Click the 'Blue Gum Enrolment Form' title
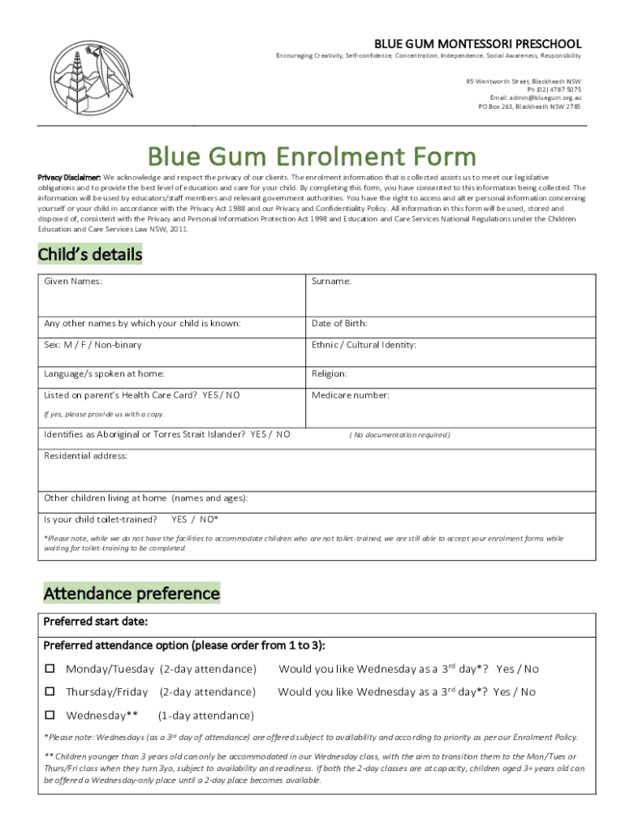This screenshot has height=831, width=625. click(311, 156)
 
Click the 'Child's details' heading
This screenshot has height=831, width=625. click(90, 255)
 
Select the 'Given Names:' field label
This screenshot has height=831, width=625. click(73, 282)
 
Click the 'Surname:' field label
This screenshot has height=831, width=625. click(331, 282)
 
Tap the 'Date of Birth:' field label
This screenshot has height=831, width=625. click(339, 324)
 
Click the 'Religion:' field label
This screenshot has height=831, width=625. click(330, 374)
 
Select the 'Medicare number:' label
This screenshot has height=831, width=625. click(351, 395)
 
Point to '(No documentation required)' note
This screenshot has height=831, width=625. click(399, 435)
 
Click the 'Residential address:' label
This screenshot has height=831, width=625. click(85, 456)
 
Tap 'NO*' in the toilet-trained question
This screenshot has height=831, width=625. click(209, 519)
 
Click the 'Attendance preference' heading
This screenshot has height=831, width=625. click(131, 593)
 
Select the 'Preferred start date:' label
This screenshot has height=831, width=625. click(95, 622)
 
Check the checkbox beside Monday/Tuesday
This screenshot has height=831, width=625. click(50, 670)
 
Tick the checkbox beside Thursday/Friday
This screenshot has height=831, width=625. click(50, 692)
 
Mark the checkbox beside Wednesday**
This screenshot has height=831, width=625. click(50, 716)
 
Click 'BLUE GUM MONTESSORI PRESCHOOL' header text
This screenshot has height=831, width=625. click(477, 42)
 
